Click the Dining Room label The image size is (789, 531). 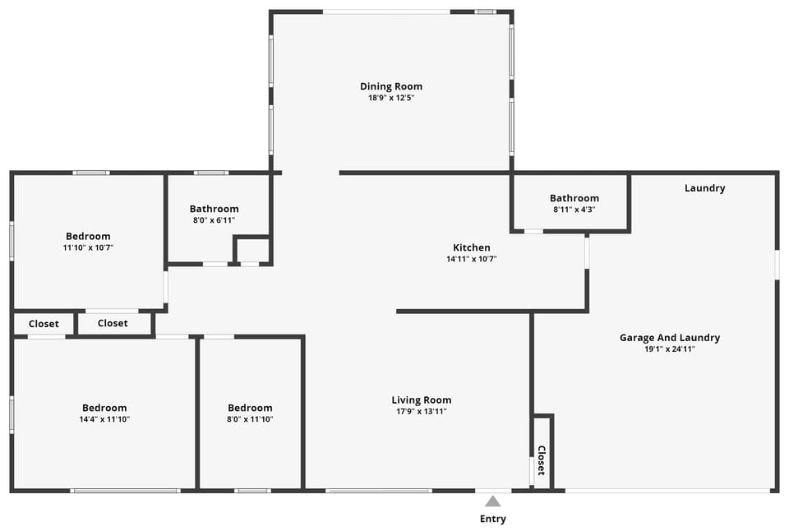391,86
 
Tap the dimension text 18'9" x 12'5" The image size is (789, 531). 391,98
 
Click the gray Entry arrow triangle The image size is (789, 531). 492,501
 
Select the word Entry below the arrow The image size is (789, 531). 492,519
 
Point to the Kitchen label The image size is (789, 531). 472,247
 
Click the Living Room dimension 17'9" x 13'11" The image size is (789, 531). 422,412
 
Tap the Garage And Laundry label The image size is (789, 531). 670,337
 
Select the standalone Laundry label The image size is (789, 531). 705,187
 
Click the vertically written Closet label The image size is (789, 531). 542,460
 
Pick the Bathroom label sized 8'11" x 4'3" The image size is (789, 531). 574,198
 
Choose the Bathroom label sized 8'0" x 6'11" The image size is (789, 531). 215,209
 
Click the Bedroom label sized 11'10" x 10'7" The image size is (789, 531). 88,236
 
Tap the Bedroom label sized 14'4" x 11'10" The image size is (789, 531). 104,408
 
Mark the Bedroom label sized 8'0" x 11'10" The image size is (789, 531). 250,408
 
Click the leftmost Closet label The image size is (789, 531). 44,324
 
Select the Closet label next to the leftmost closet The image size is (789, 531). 113,324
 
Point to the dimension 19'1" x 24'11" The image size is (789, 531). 670,349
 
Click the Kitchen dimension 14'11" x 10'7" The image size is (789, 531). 472,259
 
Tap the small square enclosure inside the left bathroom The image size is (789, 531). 252,250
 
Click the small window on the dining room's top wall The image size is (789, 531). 486,12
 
